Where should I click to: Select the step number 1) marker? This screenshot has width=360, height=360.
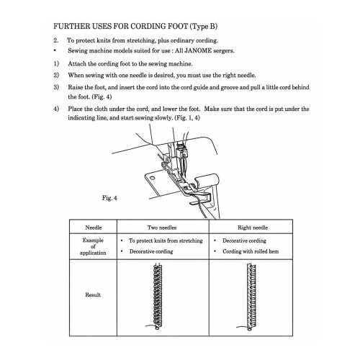[56, 64]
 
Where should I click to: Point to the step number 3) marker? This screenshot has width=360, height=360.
[56, 87]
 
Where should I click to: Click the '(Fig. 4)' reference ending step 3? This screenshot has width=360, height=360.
[102, 97]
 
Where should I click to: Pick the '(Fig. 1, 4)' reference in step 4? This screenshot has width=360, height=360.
[187, 118]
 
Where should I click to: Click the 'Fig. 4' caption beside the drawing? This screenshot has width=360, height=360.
[109, 198]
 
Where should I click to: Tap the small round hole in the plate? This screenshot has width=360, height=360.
[152, 178]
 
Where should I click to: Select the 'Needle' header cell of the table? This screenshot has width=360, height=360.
[94, 228]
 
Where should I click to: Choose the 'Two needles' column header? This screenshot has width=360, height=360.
[162, 228]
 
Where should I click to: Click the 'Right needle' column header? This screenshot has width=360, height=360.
[253, 228]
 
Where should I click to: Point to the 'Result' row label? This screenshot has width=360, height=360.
[93, 294]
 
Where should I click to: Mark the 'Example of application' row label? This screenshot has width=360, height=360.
[93, 246]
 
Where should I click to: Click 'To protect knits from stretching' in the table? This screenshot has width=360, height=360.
[166, 240]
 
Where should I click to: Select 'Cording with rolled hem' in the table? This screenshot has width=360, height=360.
[251, 251]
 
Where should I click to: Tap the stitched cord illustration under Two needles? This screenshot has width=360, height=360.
[158, 297]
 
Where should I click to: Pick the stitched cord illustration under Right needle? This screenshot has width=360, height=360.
[251, 297]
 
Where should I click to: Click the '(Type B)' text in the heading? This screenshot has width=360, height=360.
[204, 27]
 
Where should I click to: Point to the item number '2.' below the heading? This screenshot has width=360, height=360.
[55, 40]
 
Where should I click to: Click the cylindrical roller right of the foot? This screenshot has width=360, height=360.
[207, 180]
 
